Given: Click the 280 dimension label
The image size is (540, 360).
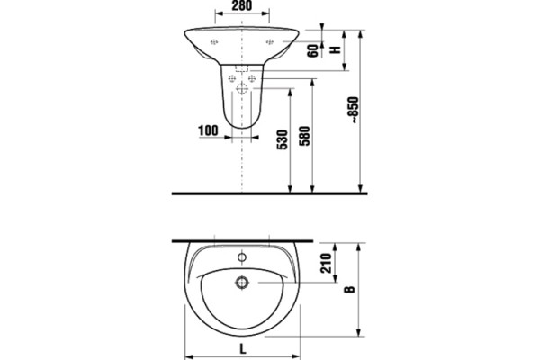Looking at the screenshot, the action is [241, 5].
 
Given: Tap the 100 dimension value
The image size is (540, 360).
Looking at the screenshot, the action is [208, 130].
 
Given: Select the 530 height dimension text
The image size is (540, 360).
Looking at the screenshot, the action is [282, 139].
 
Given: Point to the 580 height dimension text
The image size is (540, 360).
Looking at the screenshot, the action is [304, 136].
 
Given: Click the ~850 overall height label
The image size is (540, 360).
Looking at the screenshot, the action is [354, 110].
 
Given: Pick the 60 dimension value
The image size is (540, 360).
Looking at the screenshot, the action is [314, 51].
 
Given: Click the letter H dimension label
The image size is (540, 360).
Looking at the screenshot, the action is [335, 49].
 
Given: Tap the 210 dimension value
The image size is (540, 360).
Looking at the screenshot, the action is [326, 263].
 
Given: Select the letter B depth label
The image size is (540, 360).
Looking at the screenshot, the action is [350, 290].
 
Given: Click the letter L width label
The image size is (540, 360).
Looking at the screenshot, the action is [243, 349].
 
